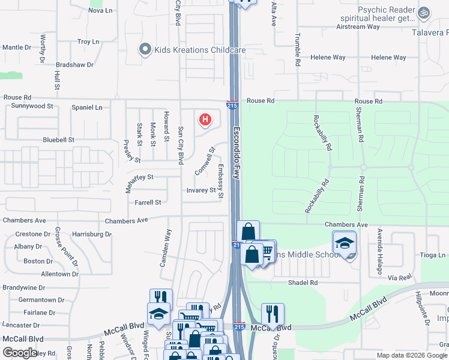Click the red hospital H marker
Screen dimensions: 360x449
[205, 120]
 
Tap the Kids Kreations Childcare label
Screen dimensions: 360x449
[200, 50]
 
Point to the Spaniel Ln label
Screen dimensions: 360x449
[86, 107]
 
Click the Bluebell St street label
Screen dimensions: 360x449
[58, 140]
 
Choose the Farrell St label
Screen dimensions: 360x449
[148, 203]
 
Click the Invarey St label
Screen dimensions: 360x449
[201, 190]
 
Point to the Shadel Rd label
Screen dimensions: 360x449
[303, 283]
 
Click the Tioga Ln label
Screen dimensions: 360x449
[433, 256]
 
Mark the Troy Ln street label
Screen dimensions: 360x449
[88, 42]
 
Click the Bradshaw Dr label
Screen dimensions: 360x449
[74, 64]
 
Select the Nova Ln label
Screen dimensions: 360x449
[100, 11]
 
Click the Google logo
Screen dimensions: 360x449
[20, 353]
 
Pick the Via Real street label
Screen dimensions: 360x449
[399, 278]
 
